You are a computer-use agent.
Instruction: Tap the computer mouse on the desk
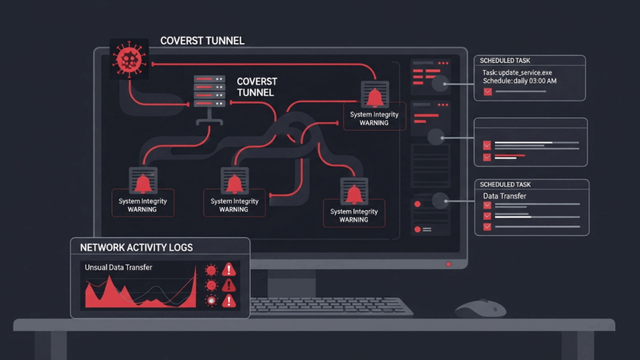[x=480, y=308]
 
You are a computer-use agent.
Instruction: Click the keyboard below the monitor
[x=331, y=306]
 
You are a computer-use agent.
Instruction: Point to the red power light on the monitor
[x=448, y=264]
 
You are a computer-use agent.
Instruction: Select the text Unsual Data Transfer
[x=118, y=267]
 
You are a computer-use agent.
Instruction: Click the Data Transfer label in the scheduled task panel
[x=504, y=196]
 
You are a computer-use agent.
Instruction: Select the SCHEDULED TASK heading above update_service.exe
[x=507, y=61]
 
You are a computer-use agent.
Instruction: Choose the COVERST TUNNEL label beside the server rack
[x=256, y=87]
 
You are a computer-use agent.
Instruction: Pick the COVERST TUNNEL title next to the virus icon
[x=202, y=41]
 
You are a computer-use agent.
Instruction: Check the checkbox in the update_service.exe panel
[x=487, y=92]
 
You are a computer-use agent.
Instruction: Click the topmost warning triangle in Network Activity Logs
[x=229, y=269]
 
